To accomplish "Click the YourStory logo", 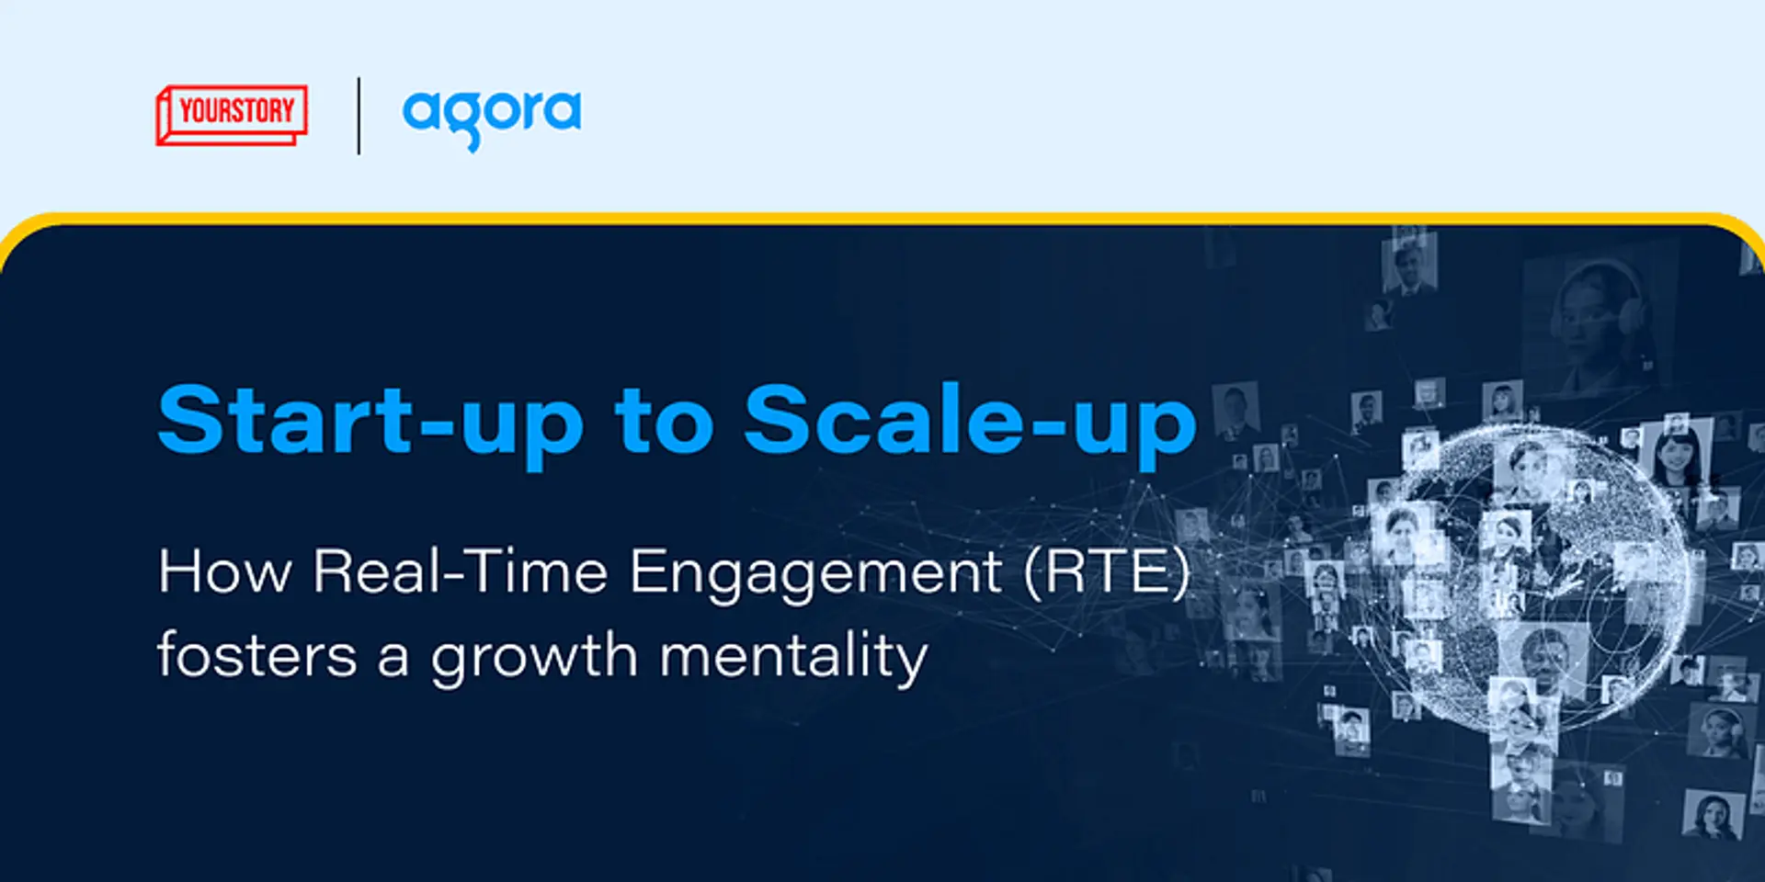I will tap(232, 115).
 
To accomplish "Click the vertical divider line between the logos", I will tap(359, 116).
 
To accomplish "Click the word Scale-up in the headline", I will tap(970, 421).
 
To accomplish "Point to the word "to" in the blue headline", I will tap(664, 421).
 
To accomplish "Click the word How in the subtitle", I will tap(225, 571).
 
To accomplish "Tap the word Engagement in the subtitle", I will tap(815, 573).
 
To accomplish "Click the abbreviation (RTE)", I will tap(1108, 571).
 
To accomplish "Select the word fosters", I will tap(257, 656).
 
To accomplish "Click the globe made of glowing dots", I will tap(1526, 579).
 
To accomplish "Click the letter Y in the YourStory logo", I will tap(187, 111).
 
